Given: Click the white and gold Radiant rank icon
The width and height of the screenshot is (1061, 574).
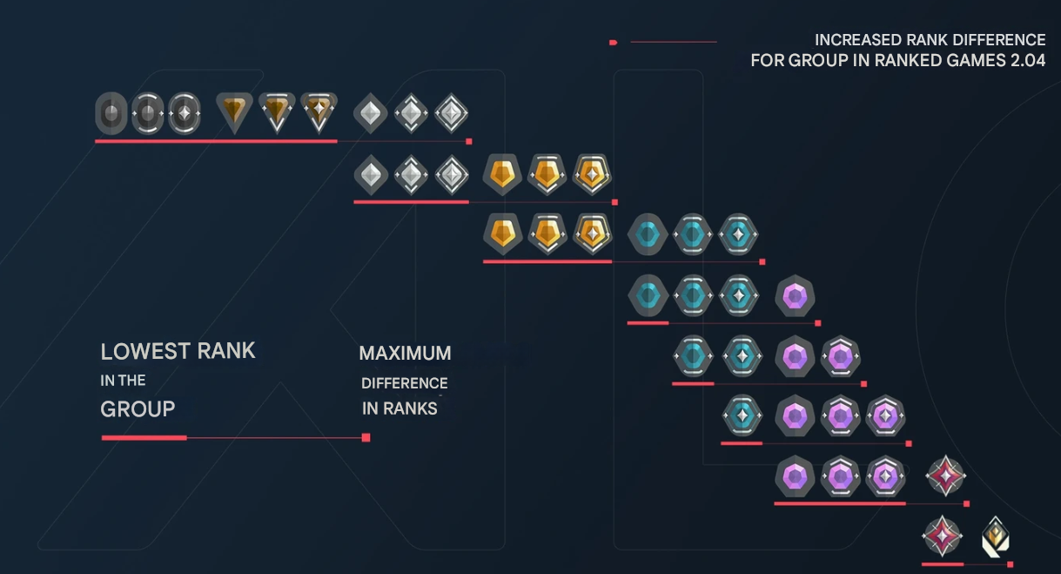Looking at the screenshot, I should [996, 537].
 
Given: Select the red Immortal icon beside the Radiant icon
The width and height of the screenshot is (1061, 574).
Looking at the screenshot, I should [942, 537].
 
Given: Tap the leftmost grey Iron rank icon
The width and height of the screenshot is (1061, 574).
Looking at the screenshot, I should [111, 113].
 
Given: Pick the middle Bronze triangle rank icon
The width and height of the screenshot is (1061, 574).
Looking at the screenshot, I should [277, 112].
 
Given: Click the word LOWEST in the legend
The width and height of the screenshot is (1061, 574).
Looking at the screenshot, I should [145, 351].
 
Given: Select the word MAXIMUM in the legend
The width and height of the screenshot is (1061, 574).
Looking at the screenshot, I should [405, 354].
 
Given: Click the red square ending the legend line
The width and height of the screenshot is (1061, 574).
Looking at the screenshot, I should [366, 437].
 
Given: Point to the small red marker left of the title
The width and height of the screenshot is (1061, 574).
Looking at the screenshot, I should [614, 42].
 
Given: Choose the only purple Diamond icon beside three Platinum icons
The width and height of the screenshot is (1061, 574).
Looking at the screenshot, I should [795, 297].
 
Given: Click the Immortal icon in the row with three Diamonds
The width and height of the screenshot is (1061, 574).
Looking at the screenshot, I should [945, 476].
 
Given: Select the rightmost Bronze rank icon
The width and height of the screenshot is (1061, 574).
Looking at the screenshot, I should [319, 112].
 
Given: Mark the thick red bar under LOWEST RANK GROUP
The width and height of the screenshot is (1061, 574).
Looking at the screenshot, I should [144, 437].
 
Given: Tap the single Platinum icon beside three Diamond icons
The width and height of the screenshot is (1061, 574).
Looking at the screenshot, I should [742, 415].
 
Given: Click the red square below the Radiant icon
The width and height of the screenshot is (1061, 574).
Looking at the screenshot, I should [1010, 564].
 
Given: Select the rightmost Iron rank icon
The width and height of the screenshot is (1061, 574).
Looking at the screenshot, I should [184, 113].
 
